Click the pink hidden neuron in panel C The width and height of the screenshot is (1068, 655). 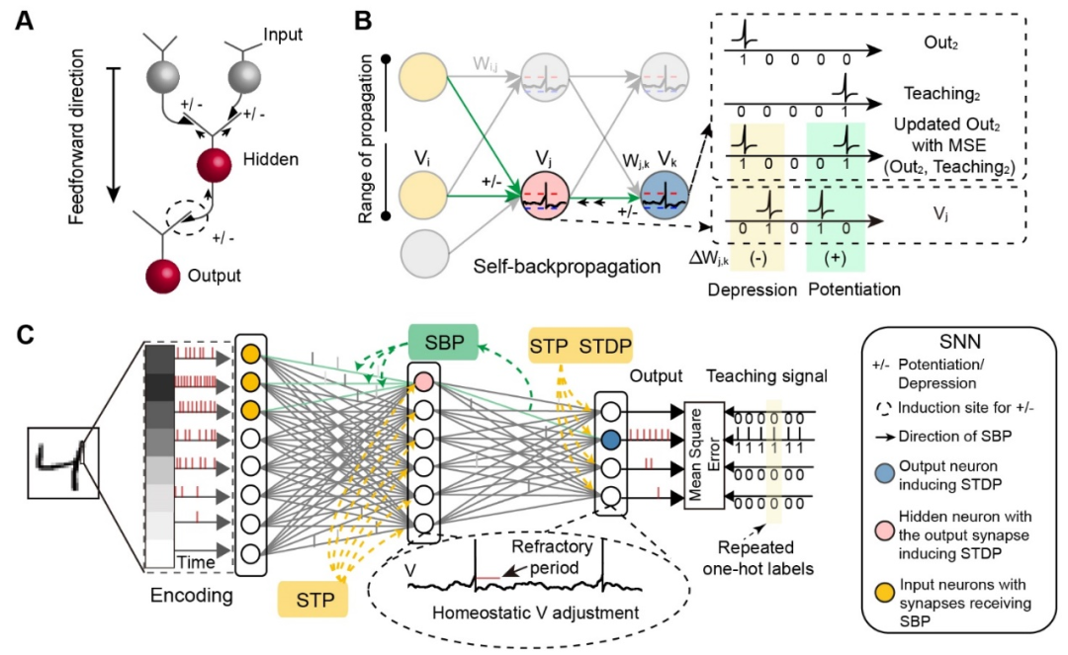423,380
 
